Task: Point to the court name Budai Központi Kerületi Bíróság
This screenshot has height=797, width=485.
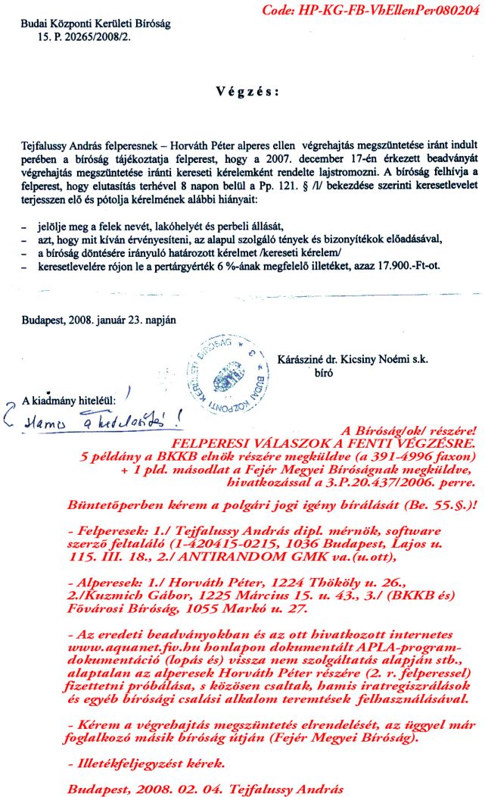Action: pyautogui.click(x=96, y=23)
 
